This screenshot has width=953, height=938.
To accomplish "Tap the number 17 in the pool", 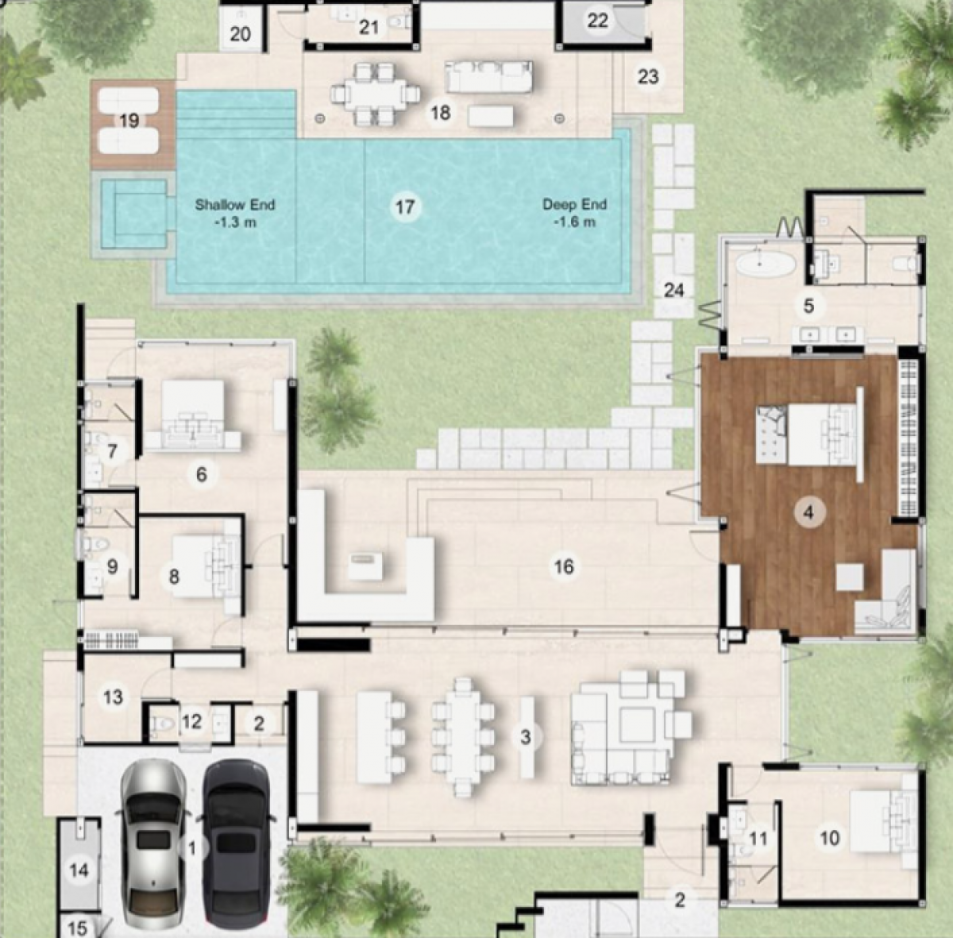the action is [x=404, y=207].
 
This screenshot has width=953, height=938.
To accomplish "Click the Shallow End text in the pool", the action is [x=235, y=205].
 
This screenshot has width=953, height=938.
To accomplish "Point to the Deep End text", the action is [x=575, y=204].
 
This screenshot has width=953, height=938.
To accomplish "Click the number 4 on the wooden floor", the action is [x=808, y=512].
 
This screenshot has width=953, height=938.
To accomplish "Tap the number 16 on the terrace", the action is [x=564, y=566].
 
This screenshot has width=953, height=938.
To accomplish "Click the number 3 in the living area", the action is [x=525, y=737].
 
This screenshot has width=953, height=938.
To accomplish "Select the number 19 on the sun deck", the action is [x=129, y=120].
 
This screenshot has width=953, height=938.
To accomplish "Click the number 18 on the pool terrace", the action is [x=441, y=113].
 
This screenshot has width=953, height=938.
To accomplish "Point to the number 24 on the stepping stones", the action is [x=673, y=290].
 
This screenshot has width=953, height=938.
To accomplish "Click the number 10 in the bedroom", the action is [x=830, y=838].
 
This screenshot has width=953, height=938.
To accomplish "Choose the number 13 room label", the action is [x=113, y=697].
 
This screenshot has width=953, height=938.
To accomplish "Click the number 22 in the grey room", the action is [x=597, y=21].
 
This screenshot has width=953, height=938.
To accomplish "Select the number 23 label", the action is [x=648, y=77].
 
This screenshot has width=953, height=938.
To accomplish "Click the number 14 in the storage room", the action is [x=79, y=870].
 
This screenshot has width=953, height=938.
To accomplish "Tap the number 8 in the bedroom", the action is [x=174, y=577].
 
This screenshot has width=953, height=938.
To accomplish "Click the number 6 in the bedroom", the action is [x=201, y=474].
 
